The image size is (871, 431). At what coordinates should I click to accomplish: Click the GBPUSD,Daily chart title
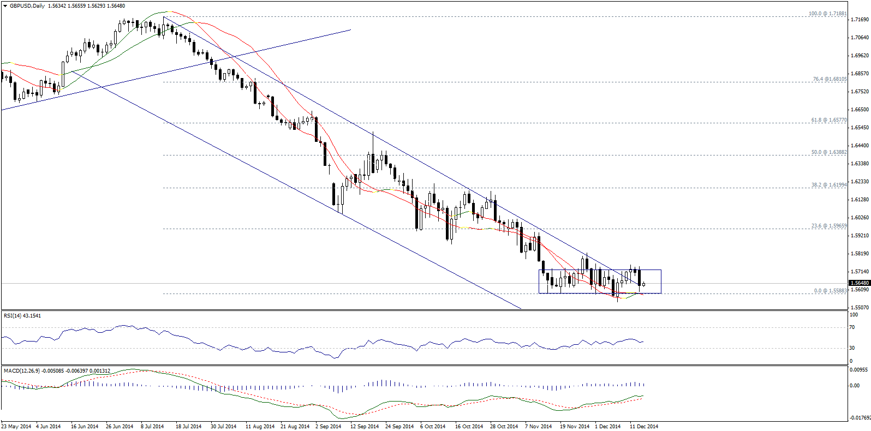pos(27,6)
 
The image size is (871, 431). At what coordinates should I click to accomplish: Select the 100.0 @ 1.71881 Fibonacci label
pos(827,14)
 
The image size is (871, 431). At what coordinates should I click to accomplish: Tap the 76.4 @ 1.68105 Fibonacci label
pos(830,79)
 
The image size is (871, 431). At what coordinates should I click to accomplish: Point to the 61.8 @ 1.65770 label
pos(829,120)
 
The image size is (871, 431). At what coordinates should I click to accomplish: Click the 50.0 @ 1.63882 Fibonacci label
pos(829,152)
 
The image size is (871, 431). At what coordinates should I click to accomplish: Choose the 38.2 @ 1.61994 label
pos(829,185)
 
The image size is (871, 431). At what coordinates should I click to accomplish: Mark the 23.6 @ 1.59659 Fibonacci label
pos(829,226)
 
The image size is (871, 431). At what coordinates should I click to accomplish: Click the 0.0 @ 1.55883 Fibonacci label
pos(830,291)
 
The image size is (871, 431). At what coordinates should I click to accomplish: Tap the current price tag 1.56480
pos(860,283)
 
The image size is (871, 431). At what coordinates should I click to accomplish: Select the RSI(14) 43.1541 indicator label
pos(22,316)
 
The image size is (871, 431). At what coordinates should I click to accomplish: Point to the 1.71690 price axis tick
pos(860,20)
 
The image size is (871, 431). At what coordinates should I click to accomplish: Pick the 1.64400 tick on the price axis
pos(860,146)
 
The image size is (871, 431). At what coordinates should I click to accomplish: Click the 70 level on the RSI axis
pos(852,327)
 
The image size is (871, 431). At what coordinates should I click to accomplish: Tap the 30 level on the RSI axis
pos(852,348)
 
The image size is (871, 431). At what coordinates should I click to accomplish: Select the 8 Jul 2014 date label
pos(152,427)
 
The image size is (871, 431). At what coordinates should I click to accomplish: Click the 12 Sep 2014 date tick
pos(364,427)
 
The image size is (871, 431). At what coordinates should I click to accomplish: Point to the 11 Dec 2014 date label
pos(644,427)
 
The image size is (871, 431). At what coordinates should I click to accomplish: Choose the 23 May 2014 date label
pos(16,427)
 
